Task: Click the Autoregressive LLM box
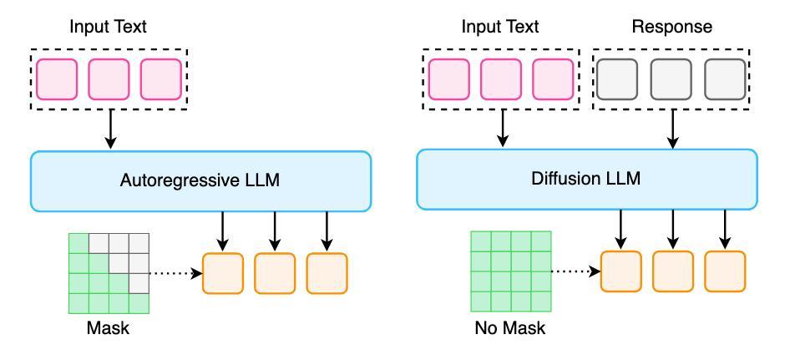click(x=200, y=181)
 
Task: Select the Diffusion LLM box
click(x=586, y=179)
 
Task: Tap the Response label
click(x=672, y=27)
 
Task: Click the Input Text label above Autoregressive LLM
click(x=109, y=27)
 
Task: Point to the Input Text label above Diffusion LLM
click(x=500, y=27)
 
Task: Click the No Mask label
click(x=510, y=329)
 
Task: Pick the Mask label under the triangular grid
click(x=108, y=329)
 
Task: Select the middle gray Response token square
click(x=671, y=79)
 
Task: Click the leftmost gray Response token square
click(x=616, y=79)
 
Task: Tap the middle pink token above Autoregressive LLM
click(x=109, y=79)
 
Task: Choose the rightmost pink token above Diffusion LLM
click(x=553, y=79)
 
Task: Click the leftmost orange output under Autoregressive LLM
click(x=223, y=273)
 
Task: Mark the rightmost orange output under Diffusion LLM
click(x=725, y=271)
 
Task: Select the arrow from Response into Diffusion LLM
click(x=672, y=129)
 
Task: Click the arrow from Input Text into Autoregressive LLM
click(x=111, y=129)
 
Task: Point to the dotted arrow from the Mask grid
click(x=176, y=273)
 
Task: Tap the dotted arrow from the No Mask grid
click(x=576, y=271)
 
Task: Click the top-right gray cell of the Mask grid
click(x=139, y=243)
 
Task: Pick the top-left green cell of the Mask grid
click(x=78, y=243)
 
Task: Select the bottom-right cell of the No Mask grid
click(x=541, y=302)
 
